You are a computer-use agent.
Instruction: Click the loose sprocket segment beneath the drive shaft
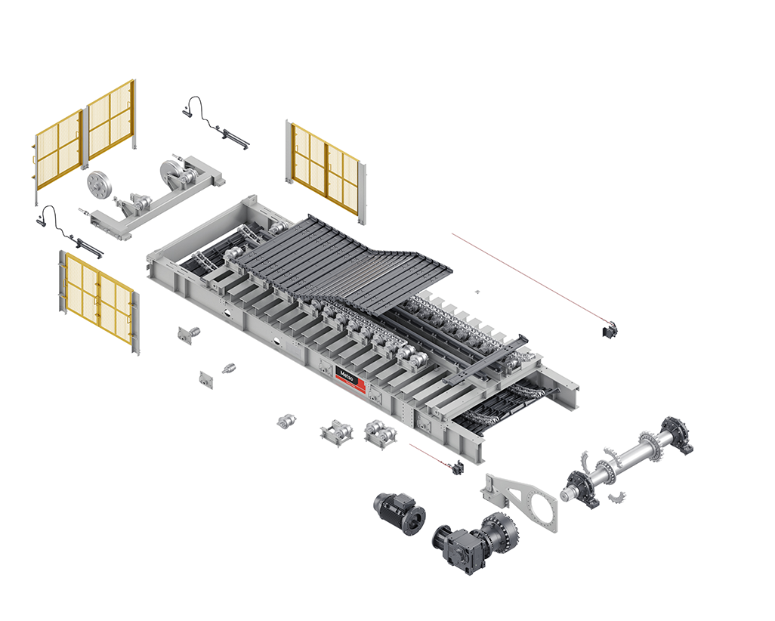pyautogui.click(x=617, y=497)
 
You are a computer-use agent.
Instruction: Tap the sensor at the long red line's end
pyautogui.click(x=610, y=330)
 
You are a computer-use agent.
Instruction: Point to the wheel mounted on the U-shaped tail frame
pyautogui.click(x=171, y=174)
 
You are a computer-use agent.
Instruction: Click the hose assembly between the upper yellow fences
pyautogui.click(x=217, y=124)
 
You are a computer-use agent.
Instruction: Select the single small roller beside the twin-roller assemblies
pyautogui.click(x=287, y=422)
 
